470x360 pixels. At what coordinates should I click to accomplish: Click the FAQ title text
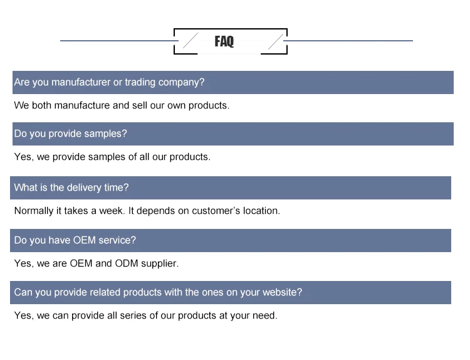click(224, 41)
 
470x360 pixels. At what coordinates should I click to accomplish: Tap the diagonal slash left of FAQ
click(191, 41)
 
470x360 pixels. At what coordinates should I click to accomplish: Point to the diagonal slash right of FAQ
click(276, 41)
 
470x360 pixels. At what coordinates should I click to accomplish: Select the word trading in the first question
click(140, 82)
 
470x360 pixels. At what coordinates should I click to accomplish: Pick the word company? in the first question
click(181, 83)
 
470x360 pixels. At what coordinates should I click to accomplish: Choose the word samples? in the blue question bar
click(105, 134)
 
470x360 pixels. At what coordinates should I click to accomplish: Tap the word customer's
click(216, 211)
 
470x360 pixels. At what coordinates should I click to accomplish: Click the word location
click(261, 211)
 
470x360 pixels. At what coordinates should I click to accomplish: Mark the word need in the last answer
click(264, 315)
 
